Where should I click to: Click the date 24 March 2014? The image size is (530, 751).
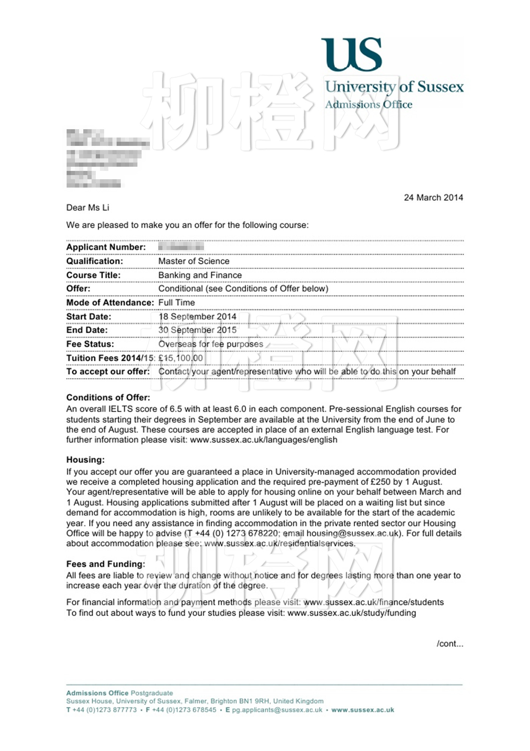click(433, 197)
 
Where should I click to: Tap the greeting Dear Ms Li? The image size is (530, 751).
click(87, 208)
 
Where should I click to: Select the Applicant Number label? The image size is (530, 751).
click(106, 247)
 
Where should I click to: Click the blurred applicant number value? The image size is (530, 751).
click(181, 247)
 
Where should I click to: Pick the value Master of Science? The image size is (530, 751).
click(193, 261)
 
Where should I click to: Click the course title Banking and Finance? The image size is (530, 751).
click(200, 275)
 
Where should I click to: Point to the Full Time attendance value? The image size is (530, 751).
click(176, 302)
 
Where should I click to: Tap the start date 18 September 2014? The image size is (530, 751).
click(197, 316)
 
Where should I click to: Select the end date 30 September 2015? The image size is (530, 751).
click(197, 330)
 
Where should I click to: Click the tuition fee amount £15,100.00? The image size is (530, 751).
click(181, 358)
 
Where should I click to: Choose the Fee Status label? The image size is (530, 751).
click(90, 344)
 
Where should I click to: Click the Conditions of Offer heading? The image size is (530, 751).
click(108, 397)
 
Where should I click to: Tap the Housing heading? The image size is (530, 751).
click(85, 460)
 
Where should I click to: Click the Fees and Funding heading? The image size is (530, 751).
click(106, 564)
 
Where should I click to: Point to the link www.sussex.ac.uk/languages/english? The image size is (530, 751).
click(263, 440)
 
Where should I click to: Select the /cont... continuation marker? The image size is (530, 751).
click(450, 644)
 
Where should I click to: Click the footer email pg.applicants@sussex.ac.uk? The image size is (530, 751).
click(277, 710)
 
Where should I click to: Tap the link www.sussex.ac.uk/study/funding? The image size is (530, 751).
click(352, 613)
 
